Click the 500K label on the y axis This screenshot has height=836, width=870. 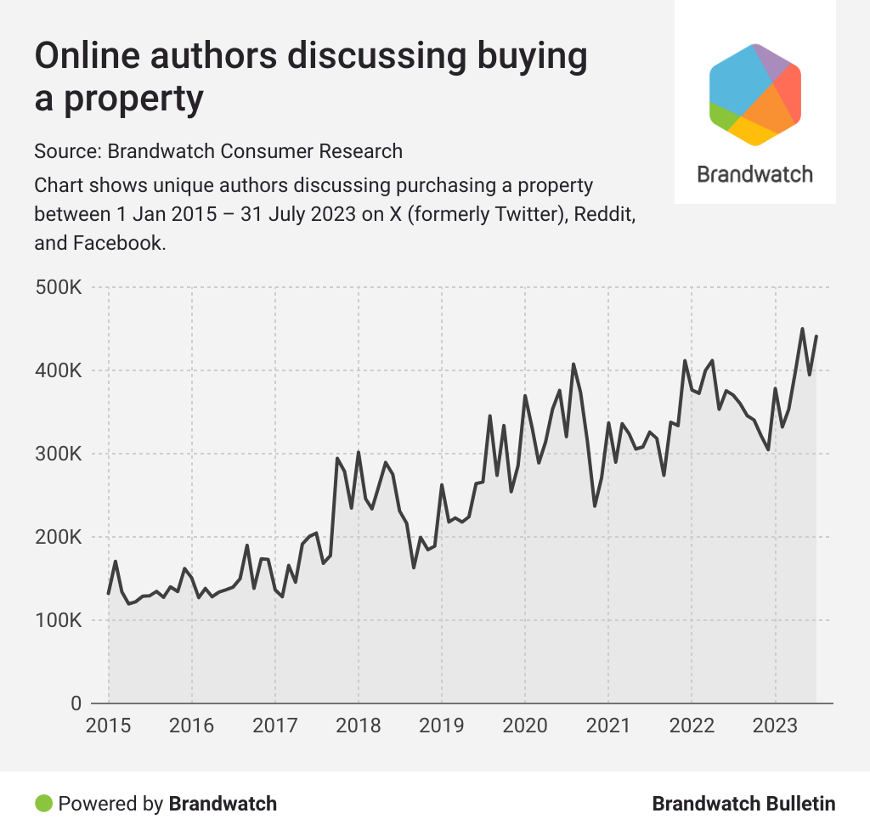(x=59, y=289)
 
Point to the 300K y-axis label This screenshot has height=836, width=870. (x=59, y=455)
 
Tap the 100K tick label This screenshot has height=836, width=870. (x=59, y=621)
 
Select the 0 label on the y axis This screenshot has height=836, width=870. (x=74, y=703)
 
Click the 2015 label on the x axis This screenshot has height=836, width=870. (x=108, y=726)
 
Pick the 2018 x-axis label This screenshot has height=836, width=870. (x=358, y=726)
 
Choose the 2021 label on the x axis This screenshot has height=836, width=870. (x=607, y=726)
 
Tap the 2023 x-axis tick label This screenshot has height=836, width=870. (x=774, y=726)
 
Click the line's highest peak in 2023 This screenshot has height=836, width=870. (x=802, y=329)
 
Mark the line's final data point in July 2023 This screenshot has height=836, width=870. (x=816, y=336)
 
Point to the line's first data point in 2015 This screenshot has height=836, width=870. (x=109, y=593)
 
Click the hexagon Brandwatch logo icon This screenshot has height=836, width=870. (x=755, y=93)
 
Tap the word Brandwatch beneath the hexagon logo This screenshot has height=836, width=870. (x=754, y=174)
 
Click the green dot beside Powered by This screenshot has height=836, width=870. (x=42, y=803)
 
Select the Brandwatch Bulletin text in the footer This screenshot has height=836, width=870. (x=743, y=804)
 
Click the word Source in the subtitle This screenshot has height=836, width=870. (x=66, y=151)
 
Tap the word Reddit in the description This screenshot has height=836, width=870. (x=605, y=213)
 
